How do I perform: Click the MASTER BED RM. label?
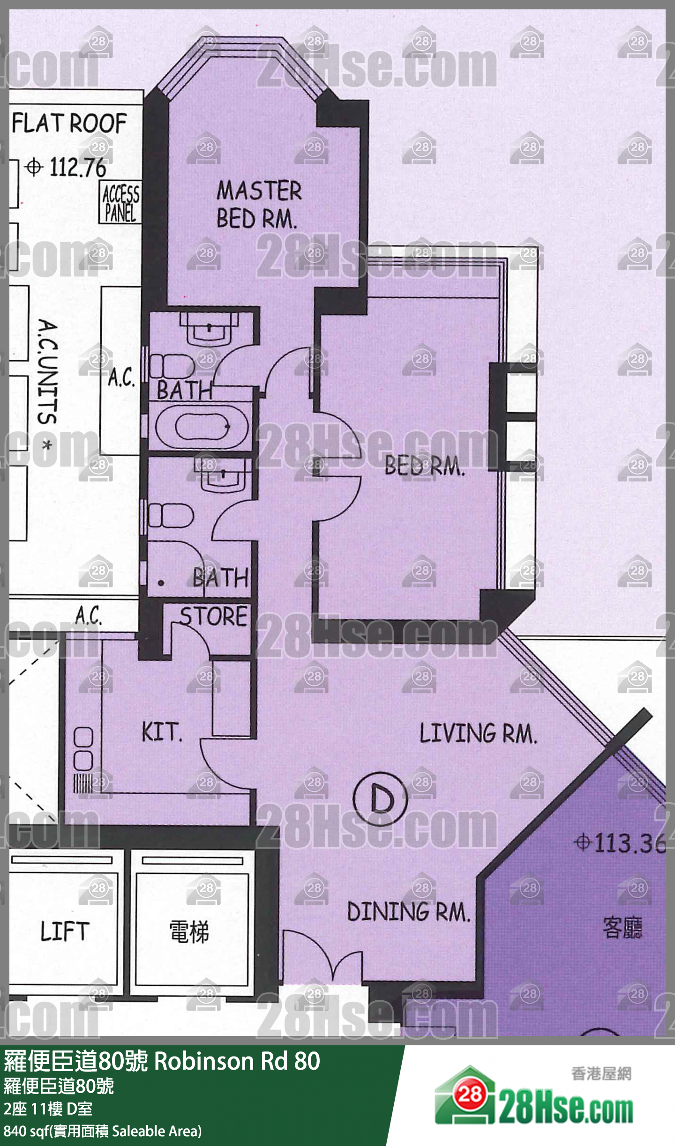click(x=259, y=205)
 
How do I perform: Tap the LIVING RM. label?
click(x=478, y=733)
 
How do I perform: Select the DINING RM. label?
click(x=408, y=912)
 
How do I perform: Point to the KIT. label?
click(x=162, y=732)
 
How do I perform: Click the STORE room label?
click(x=214, y=616)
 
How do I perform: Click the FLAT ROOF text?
click(x=69, y=124)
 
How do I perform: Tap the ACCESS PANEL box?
click(x=120, y=202)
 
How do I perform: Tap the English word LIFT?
click(x=65, y=932)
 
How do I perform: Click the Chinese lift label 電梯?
click(x=189, y=931)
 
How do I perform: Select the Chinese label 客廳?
click(x=622, y=927)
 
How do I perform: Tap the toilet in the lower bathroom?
click(x=171, y=515)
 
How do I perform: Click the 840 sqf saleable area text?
click(x=103, y=1131)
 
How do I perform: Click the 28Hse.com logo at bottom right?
click(x=534, y=1096)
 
